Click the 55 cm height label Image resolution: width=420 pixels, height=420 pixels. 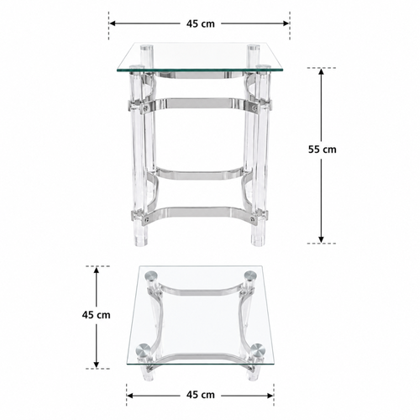pos(323,150)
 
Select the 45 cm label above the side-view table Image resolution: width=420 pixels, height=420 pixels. pos(201,24)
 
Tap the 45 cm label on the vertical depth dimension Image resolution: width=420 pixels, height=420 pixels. pos(96,315)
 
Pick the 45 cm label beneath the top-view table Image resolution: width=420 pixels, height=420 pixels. pos(201,395)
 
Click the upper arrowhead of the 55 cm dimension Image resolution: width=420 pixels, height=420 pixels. pos(321,71)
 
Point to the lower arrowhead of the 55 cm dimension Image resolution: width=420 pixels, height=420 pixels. pos(321,239)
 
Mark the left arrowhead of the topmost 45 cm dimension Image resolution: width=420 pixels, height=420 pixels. pos(113,24)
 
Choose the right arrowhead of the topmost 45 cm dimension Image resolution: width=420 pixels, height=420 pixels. pos(286,24)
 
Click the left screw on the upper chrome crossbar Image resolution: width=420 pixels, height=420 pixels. pos(145,107)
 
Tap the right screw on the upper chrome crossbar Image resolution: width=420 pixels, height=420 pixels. pos(255,107)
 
